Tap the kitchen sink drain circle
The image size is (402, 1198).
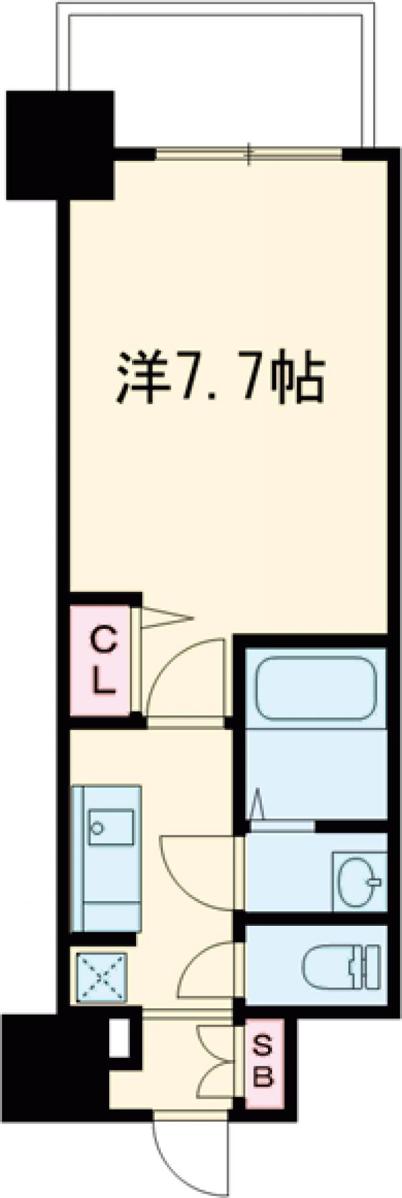(x=98, y=829)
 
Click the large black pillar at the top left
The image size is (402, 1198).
(x=60, y=144)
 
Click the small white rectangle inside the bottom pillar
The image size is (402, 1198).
(x=120, y=1038)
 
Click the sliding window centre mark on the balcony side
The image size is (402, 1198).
(x=249, y=154)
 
